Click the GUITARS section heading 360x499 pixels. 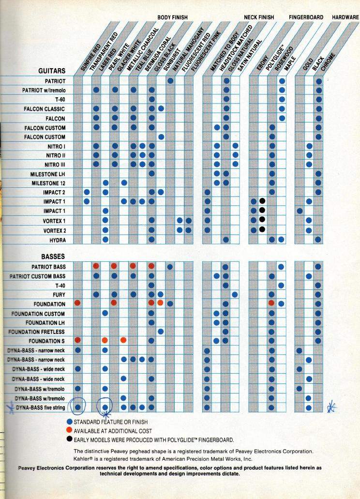click(x=52, y=71)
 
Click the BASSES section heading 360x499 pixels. click(x=53, y=257)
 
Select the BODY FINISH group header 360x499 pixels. click(x=172, y=17)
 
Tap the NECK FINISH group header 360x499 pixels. click(x=259, y=17)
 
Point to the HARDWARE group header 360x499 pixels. click(x=345, y=17)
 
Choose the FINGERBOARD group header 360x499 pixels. click(x=306, y=17)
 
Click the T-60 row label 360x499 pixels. click(x=60, y=100)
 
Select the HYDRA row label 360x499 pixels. click(x=58, y=240)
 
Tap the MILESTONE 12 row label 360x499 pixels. click(x=48, y=183)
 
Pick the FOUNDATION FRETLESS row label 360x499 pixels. click(x=37, y=332)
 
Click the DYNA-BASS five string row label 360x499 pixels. click(x=40, y=408)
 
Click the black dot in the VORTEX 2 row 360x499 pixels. click(x=262, y=229)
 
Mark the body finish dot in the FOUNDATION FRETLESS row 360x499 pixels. click(x=161, y=332)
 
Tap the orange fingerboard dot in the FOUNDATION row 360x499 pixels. click(x=271, y=303)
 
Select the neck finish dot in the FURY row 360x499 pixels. click(x=235, y=295)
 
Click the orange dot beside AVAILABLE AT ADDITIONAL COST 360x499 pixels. click(x=70, y=431)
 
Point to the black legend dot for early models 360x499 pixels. click(x=70, y=439)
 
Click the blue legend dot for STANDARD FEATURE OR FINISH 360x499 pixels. click(x=70, y=422)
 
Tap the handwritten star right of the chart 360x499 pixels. click(x=331, y=407)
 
